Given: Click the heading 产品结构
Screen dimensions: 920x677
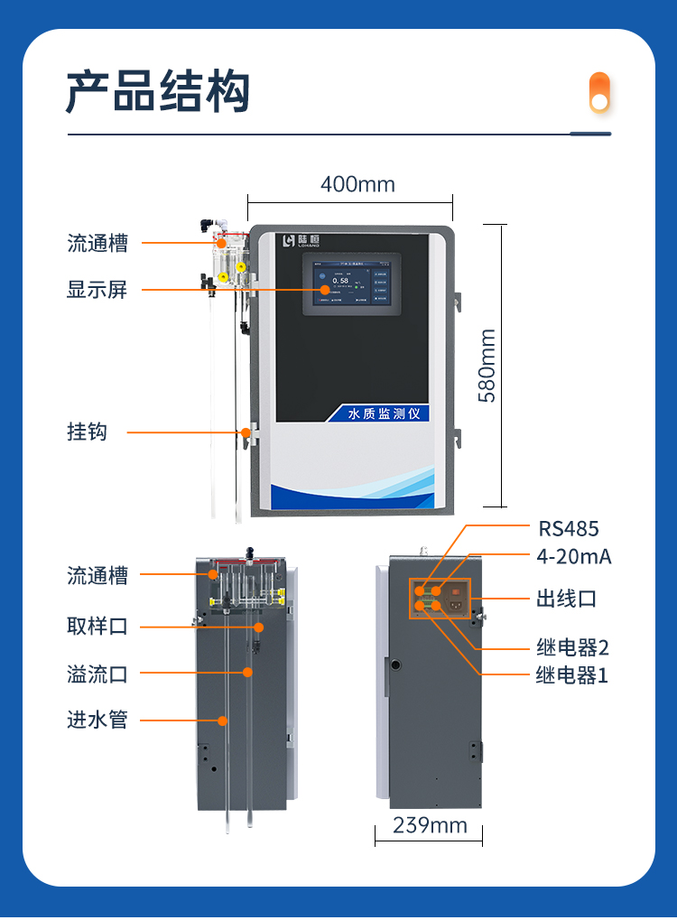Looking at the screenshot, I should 158,93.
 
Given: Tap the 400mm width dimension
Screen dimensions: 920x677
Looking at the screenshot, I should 357,184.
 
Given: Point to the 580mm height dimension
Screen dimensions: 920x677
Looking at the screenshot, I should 487,365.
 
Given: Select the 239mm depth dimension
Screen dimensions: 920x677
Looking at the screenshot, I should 430,825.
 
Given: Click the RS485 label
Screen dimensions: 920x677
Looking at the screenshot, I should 568,529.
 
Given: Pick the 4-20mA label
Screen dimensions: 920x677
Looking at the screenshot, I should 573,557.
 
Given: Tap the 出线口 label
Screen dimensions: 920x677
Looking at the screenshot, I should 566,599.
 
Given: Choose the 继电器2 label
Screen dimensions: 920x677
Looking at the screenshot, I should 572,647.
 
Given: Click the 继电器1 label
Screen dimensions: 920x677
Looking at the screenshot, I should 571,674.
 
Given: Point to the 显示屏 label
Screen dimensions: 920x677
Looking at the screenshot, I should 97,290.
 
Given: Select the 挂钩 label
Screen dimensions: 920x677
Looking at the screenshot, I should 87,432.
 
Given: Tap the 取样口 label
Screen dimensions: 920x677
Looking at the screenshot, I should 97,626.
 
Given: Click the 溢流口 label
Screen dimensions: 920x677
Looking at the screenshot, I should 97,673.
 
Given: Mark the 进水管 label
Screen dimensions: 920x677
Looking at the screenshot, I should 97,720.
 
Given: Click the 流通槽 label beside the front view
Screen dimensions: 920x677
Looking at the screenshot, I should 97,243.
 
